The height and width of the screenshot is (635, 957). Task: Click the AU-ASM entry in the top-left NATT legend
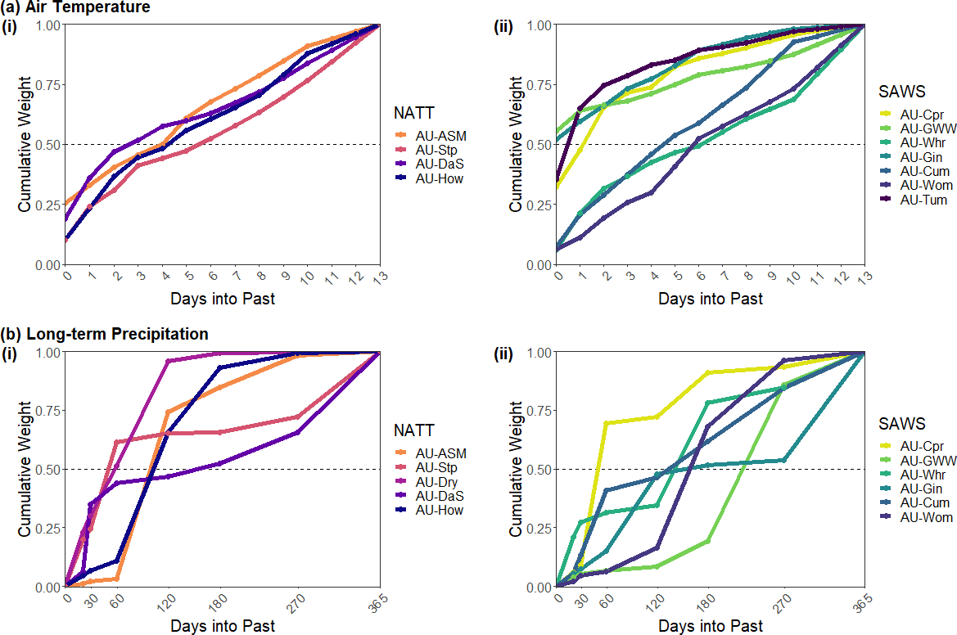[440, 135]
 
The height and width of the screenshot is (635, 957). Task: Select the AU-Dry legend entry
[440, 481]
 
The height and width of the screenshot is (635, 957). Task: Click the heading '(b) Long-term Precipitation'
[104, 334]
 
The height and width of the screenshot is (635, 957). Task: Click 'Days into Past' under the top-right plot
[711, 299]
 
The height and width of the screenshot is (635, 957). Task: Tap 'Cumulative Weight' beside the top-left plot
[25, 144]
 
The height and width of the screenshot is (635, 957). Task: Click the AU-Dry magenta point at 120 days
[168, 361]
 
